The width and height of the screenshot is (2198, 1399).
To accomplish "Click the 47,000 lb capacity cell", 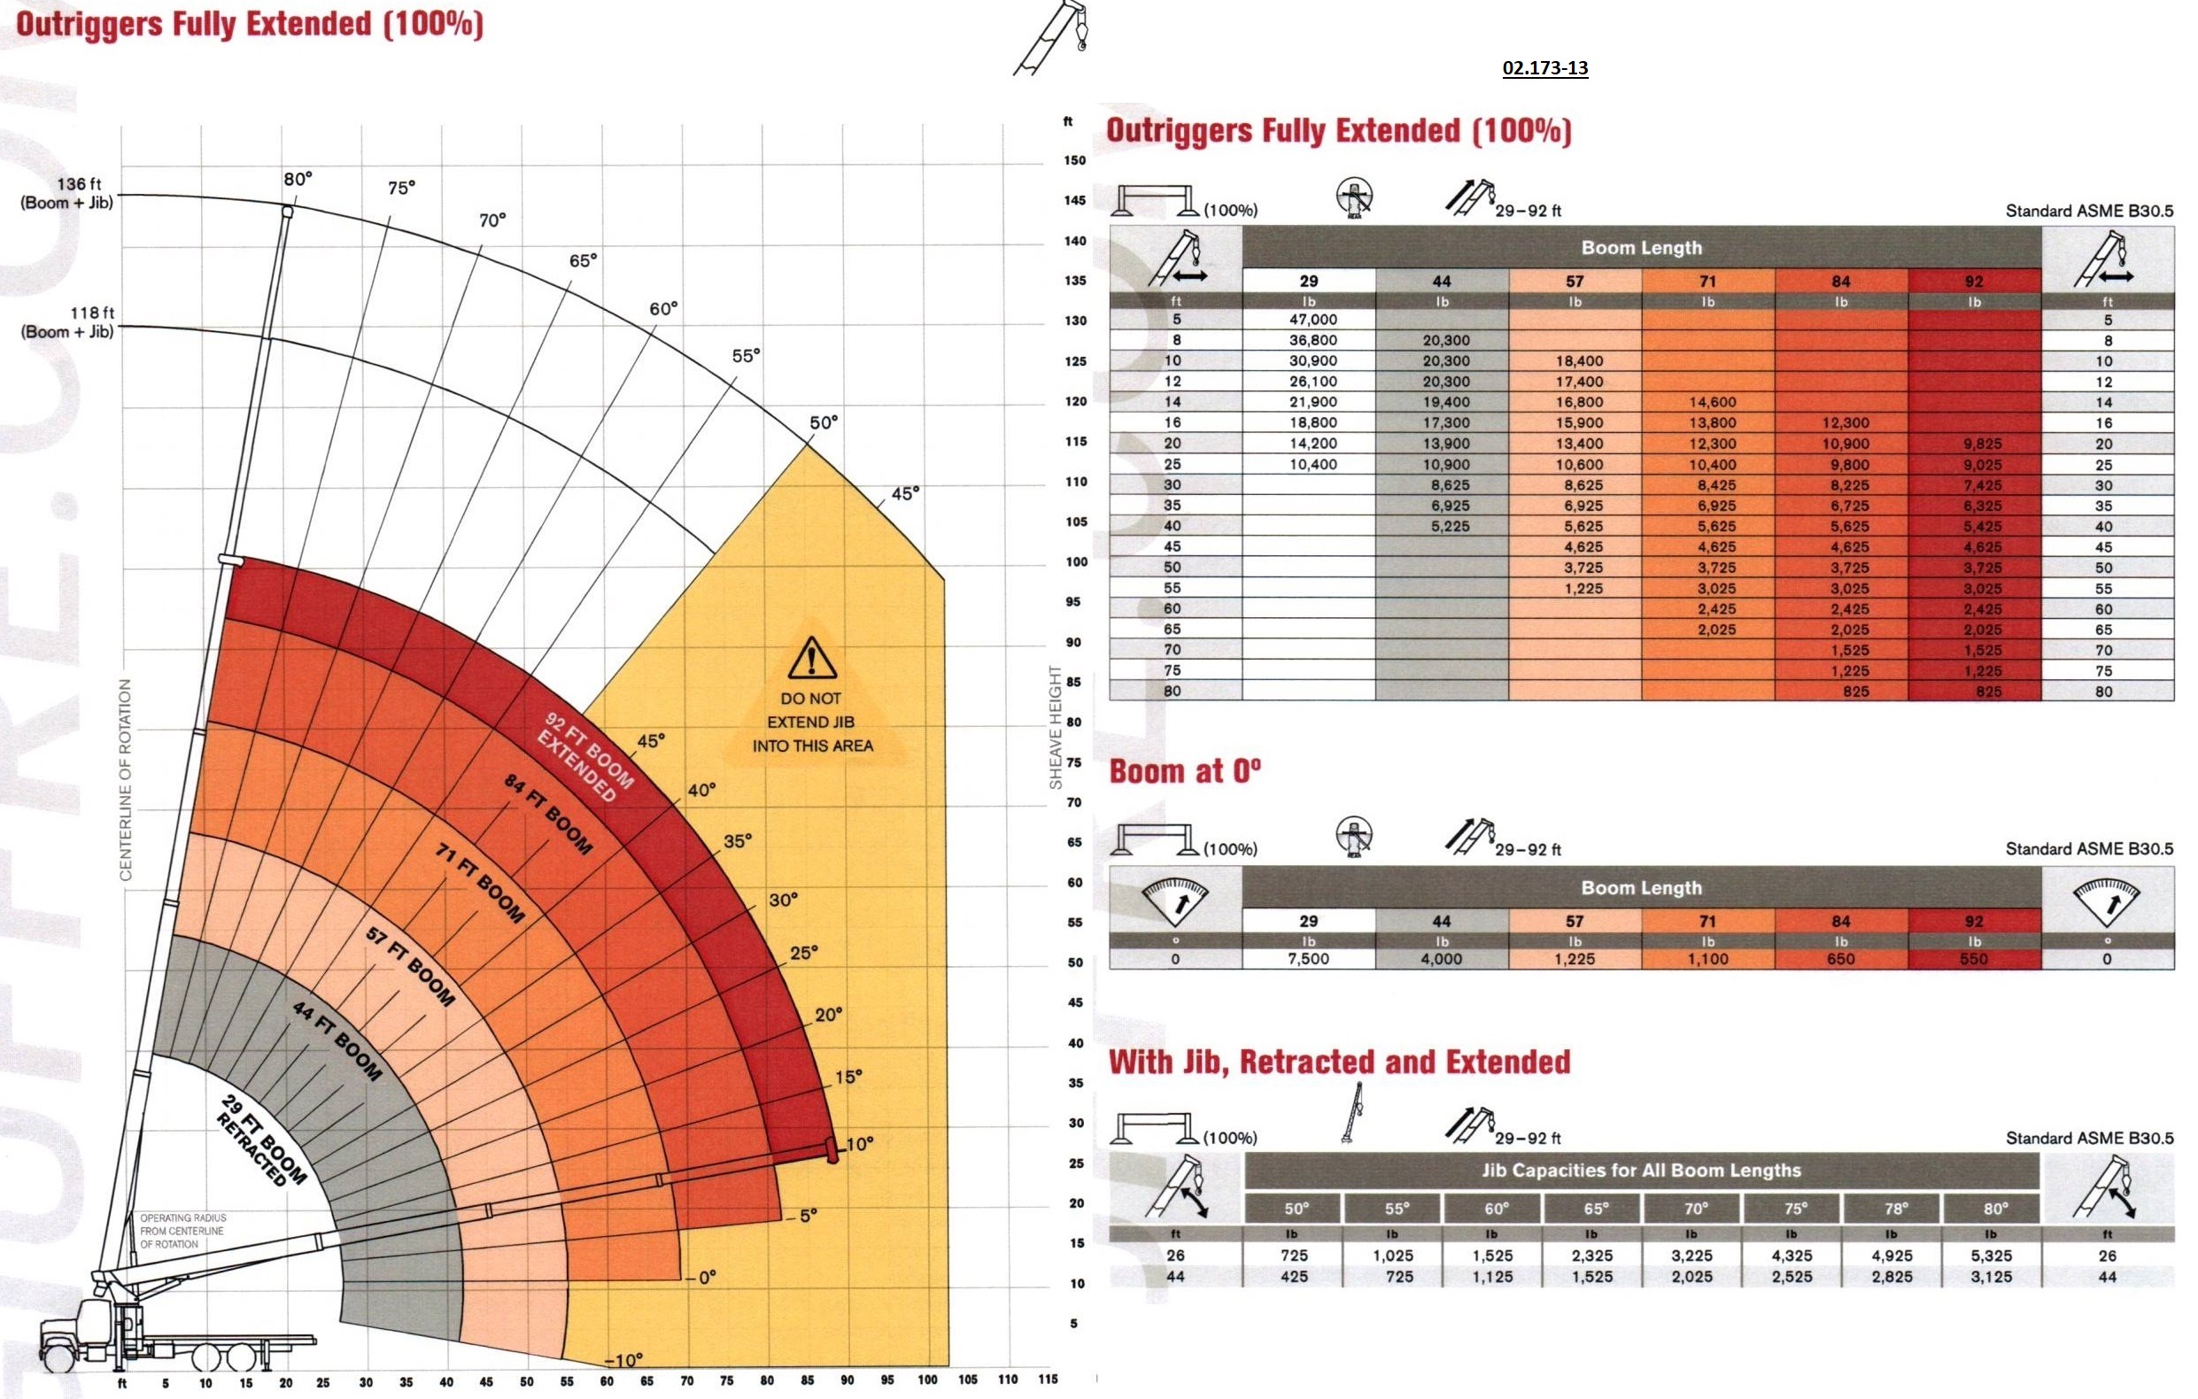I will click(1312, 320).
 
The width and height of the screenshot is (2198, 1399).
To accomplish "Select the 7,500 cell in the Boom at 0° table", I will click(1308, 959).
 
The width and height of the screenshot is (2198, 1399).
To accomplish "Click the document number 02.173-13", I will click(1544, 67).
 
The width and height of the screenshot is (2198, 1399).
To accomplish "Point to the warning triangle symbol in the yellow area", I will click(810, 658).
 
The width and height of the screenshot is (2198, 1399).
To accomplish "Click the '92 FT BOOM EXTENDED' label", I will click(584, 756).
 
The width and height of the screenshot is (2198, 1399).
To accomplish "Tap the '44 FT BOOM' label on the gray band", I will click(337, 1040).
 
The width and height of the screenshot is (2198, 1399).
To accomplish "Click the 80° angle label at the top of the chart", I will click(298, 179).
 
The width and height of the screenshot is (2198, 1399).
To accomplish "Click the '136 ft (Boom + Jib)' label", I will click(67, 193).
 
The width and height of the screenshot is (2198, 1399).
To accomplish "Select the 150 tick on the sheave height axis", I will click(1075, 160).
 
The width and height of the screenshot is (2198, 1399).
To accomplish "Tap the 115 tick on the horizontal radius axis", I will click(1047, 1379).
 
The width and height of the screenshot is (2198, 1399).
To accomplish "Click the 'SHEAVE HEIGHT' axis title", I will click(1056, 726).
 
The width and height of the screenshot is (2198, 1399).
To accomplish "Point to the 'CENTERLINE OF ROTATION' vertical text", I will click(126, 779).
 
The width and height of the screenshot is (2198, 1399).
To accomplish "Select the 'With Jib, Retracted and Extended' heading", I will click(1339, 1063).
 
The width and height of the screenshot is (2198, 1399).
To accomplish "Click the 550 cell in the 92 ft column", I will click(1973, 959).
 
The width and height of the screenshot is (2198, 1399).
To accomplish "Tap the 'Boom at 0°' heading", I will click(1184, 772).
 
